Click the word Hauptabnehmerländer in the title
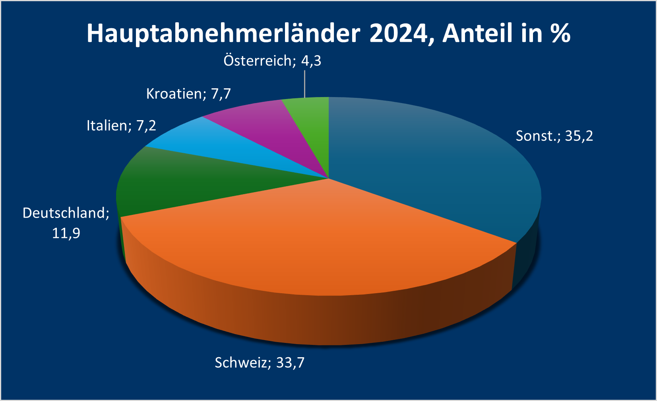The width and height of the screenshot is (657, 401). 223,33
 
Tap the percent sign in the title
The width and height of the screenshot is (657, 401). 560,33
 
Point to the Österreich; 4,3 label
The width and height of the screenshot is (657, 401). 272,61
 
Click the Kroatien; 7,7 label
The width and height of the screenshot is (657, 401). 188,94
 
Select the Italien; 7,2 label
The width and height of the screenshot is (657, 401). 121,126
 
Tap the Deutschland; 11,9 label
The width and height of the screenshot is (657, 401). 66,223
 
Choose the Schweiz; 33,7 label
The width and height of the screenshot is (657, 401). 260,363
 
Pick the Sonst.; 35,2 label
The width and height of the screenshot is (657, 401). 554,136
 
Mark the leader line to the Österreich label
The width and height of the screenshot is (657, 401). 305,84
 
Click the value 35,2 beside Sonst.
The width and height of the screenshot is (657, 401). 579,136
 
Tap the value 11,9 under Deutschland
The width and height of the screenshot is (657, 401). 66,233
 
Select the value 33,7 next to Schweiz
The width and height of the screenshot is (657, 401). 290,363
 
